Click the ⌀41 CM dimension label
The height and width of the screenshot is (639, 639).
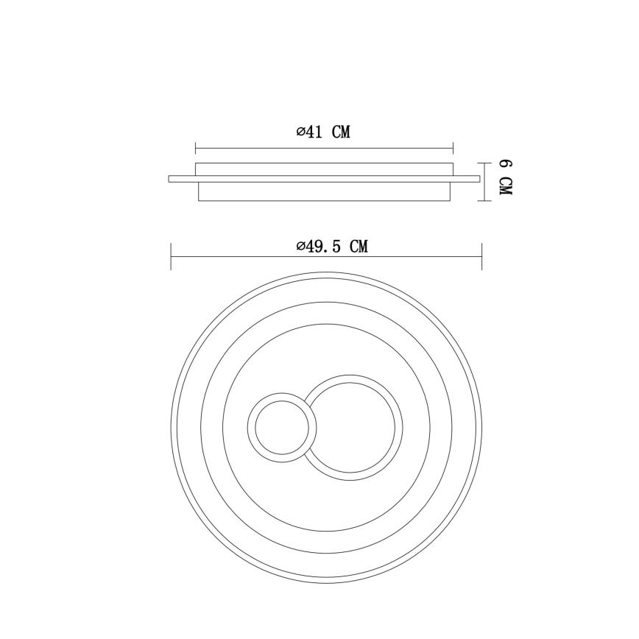(x=323, y=132)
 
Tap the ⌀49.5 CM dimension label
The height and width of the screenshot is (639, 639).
(x=332, y=246)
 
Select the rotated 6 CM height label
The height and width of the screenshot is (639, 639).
(x=506, y=177)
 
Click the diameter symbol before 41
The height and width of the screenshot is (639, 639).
(x=301, y=132)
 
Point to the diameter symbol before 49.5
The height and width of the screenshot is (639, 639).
(x=301, y=246)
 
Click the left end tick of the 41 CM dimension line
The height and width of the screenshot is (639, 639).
(x=196, y=149)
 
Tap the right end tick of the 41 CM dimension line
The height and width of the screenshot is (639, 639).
(x=453, y=149)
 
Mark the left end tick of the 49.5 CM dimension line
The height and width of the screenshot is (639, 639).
(x=171, y=256)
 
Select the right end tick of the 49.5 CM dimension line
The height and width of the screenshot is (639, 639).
(x=481, y=256)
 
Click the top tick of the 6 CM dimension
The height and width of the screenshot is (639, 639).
(x=484, y=163)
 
